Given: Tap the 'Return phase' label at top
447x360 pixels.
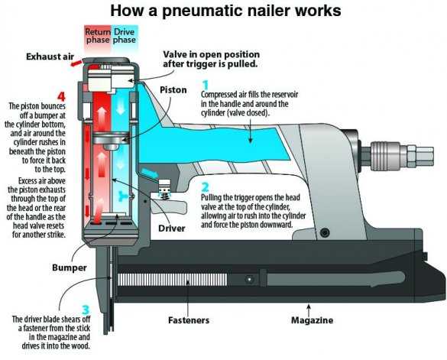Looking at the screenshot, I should point(98,36).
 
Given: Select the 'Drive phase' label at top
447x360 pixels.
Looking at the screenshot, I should point(124,36).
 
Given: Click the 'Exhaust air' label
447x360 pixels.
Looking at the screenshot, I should point(50,57).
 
